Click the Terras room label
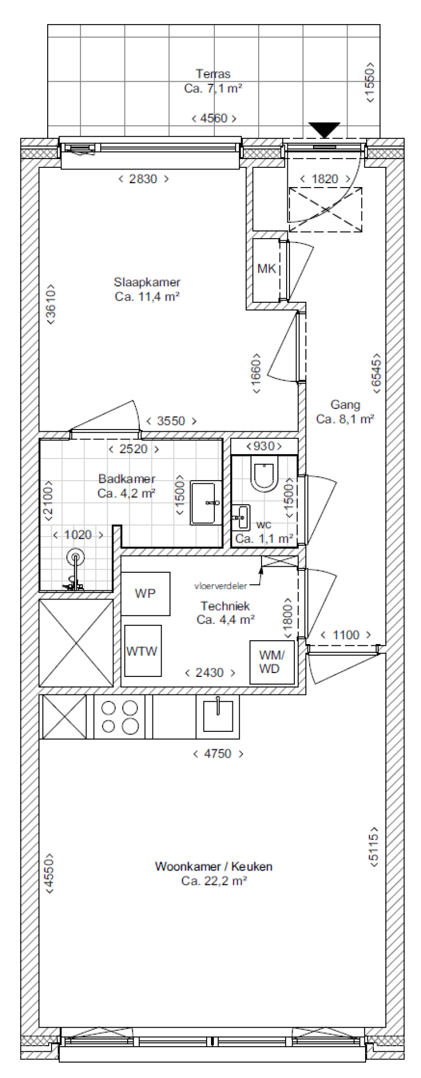(213, 74)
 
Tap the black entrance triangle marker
(325, 130)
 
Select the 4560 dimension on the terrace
(214, 118)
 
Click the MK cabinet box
(266, 269)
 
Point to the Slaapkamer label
(147, 283)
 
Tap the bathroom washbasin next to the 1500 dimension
(206, 503)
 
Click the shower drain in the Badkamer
(76, 558)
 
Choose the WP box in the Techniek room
(145, 594)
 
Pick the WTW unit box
(143, 651)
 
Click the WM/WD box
(271, 662)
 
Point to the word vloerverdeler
(220, 586)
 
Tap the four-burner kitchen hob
(121, 716)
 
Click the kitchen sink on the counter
(218, 716)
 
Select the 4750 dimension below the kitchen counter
(218, 754)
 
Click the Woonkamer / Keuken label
(213, 867)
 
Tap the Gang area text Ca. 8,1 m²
(345, 419)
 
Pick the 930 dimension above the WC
(264, 446)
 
